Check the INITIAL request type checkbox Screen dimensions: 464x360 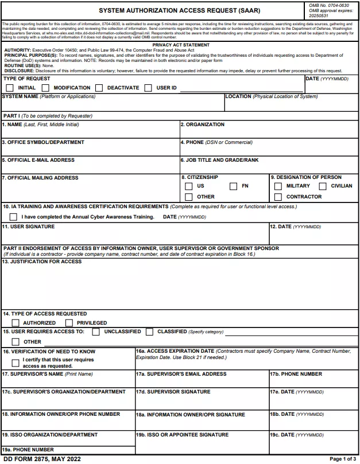click(x=10, y=88)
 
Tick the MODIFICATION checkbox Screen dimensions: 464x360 click(x=45, y=88)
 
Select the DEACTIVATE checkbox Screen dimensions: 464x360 click(x=99, y=88)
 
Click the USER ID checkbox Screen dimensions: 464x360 click(x=148, y=88)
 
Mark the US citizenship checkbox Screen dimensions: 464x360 click(x=189, y=186)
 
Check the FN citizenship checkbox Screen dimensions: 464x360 click(x=234, y=186)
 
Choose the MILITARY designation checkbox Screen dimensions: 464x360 click(x=278, y=186)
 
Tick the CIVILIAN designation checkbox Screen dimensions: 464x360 click(x=323, y=186)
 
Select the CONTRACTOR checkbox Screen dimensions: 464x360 click(x=278, y=197)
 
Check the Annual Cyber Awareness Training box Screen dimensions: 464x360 click(x=14, y=217)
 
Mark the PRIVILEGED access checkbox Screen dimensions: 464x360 click(x=69, y=323)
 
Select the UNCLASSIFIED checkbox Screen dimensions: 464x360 click(x=96, y=332)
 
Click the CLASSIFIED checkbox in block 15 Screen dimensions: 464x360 click(x=149, y=332)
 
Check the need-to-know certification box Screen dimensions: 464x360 click(x=16, y=363)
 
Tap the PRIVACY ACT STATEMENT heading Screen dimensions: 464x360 click(x=180, y=45)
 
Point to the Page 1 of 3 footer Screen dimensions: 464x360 click(x=343, y=459)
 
